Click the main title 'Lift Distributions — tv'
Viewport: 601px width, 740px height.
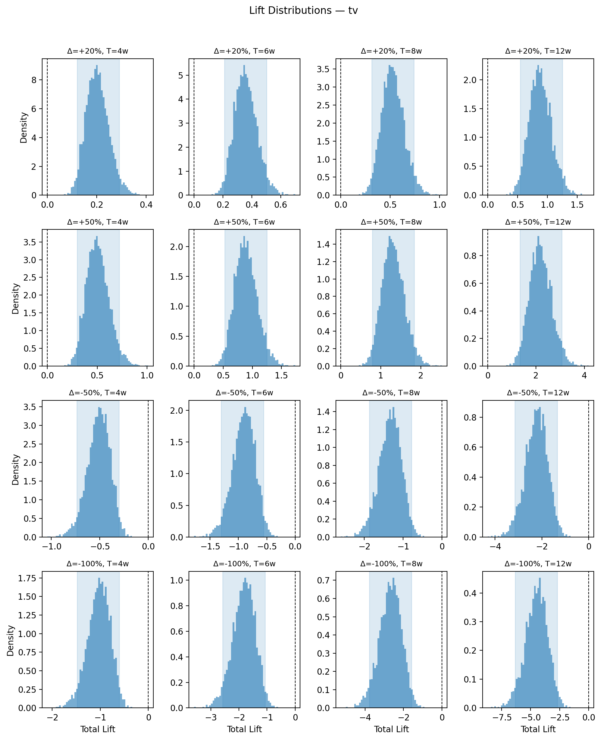(303, 11)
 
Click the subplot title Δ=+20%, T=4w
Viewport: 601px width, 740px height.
(98, 51)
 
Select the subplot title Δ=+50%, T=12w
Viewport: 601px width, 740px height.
(538, 222)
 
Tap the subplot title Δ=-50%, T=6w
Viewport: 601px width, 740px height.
(244, 393)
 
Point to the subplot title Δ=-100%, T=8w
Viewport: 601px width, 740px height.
(391, 564)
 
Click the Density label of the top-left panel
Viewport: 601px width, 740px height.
(23, 127)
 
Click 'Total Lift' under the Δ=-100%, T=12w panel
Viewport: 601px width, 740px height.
(538, 729)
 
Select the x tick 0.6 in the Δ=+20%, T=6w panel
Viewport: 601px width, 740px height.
(280, 205)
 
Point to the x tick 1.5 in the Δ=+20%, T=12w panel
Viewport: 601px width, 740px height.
(577, 205)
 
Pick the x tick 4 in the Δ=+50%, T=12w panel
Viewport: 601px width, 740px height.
(584, 375)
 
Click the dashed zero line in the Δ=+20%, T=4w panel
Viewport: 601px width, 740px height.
(47, 127)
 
